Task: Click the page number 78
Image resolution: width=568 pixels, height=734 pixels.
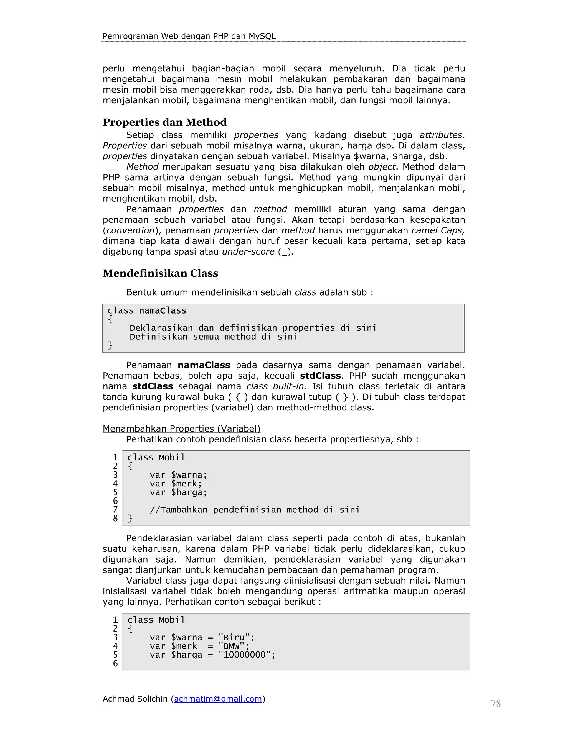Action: [x=495, y=704]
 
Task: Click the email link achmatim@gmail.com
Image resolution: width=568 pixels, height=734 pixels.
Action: [x=218, y=699]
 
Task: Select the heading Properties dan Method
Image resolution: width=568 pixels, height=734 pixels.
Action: [x=164, y=122]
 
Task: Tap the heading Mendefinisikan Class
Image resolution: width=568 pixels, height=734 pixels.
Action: [x=160, y=273]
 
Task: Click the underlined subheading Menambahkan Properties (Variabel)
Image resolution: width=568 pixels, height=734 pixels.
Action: [x=181, y=428]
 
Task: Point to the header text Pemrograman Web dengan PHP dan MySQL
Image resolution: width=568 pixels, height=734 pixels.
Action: [x=189, y=36]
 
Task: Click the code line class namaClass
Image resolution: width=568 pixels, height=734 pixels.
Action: [x=147, y=310]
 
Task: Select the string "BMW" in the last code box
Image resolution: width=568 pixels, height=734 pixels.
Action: [x=231, y=646]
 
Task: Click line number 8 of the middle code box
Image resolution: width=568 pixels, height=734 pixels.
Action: [x=115, y=519]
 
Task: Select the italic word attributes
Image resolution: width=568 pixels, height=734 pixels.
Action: [x=441, y=135]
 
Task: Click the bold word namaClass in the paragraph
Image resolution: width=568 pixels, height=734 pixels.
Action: [x=204, y=365]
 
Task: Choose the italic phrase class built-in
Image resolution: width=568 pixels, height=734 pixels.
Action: [x=275, y=386]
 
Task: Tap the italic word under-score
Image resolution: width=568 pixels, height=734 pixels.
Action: [x=248, y=252]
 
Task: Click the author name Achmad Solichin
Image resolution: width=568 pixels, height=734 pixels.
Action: [x=135, y=699]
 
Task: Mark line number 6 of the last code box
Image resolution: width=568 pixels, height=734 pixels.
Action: [x=115, y=663]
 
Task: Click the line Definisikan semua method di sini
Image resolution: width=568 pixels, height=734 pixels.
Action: [x=213, y=337]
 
